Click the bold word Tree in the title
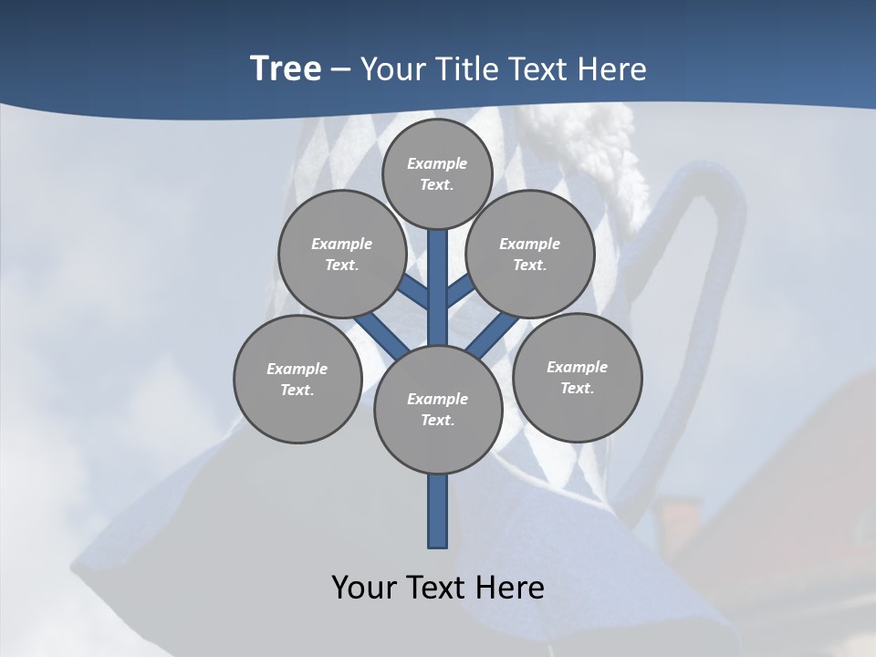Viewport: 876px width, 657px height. point(286,69)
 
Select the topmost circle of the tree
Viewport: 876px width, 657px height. point(437,173)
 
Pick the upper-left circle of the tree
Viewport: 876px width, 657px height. point(341,254)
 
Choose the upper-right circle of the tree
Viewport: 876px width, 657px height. point(530,254)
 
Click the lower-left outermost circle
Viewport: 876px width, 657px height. point(297,379)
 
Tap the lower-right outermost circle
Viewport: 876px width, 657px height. point(578,377)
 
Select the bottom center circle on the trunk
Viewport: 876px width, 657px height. point(438,410)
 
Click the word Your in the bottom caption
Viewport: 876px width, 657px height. point(364,588)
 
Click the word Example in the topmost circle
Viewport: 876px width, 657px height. point(437,163)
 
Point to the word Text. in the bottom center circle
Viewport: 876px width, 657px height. point(437,421)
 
